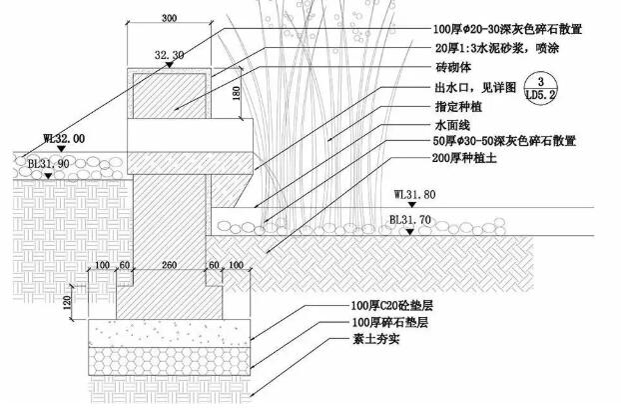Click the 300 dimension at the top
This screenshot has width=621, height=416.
pos(168,19)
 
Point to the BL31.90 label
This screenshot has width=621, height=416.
pos(47,161)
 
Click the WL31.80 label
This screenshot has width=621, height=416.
pos(414,194)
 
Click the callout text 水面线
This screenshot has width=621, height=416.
pos(451,125)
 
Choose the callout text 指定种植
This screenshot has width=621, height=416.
pos(458,106)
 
